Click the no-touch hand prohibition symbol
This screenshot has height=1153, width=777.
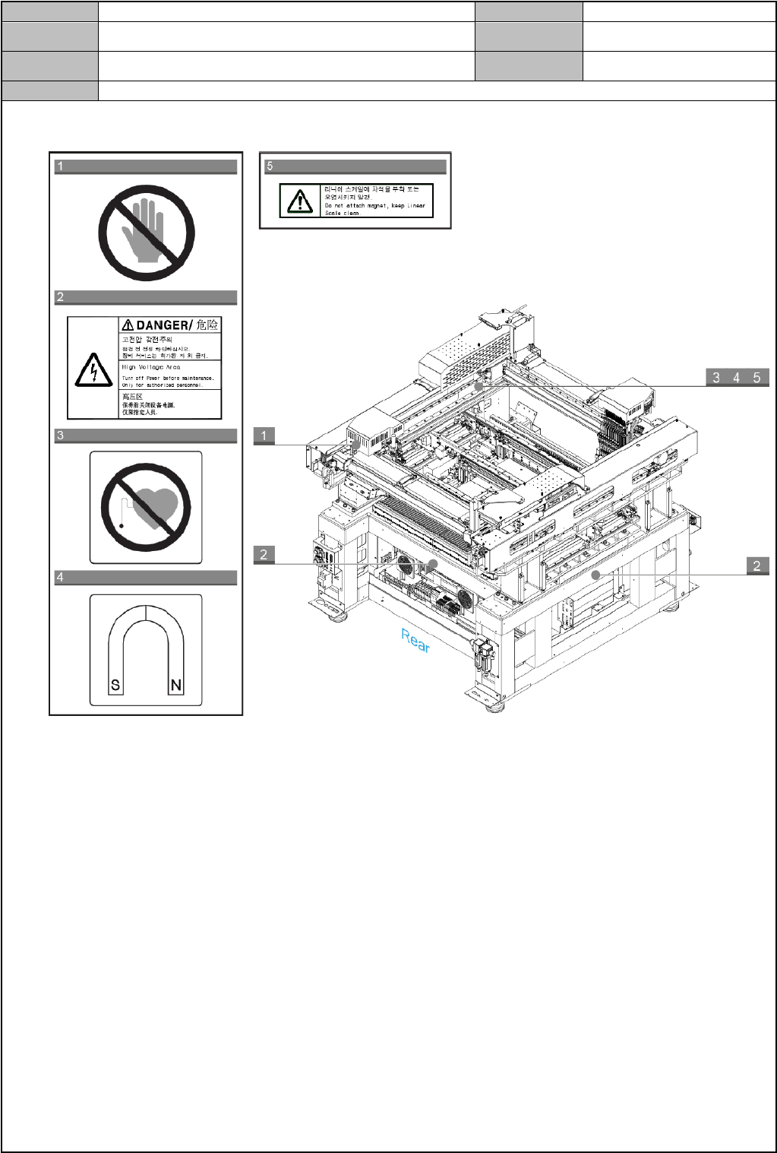(147, 233)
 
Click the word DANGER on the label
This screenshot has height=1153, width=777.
(164, 325)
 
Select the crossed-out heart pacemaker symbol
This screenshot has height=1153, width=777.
(146, 508)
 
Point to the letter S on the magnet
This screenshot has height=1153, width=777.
(115, 685)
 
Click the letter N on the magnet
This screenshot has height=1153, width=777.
(176, 685)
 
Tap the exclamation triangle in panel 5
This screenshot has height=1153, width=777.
(300, 201)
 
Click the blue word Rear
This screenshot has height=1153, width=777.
(415, 641)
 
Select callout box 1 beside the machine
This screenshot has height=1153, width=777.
(264, 436)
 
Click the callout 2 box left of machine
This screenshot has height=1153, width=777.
(264, 554)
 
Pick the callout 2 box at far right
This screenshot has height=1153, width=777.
(756, 565)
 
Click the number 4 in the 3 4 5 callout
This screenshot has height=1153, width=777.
(736, 378)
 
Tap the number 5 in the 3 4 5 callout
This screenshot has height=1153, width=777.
(756, 378)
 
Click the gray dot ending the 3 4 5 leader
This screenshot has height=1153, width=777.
(479, 386)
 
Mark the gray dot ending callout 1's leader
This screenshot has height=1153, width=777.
(355, 445)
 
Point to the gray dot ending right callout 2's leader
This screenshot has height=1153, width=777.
(596, 575)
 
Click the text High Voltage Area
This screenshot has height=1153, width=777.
(151, 367)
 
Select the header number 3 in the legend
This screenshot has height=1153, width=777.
(61, 436)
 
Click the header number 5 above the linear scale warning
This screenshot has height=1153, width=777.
(270, 166)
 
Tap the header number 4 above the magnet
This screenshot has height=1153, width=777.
(61, 578)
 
